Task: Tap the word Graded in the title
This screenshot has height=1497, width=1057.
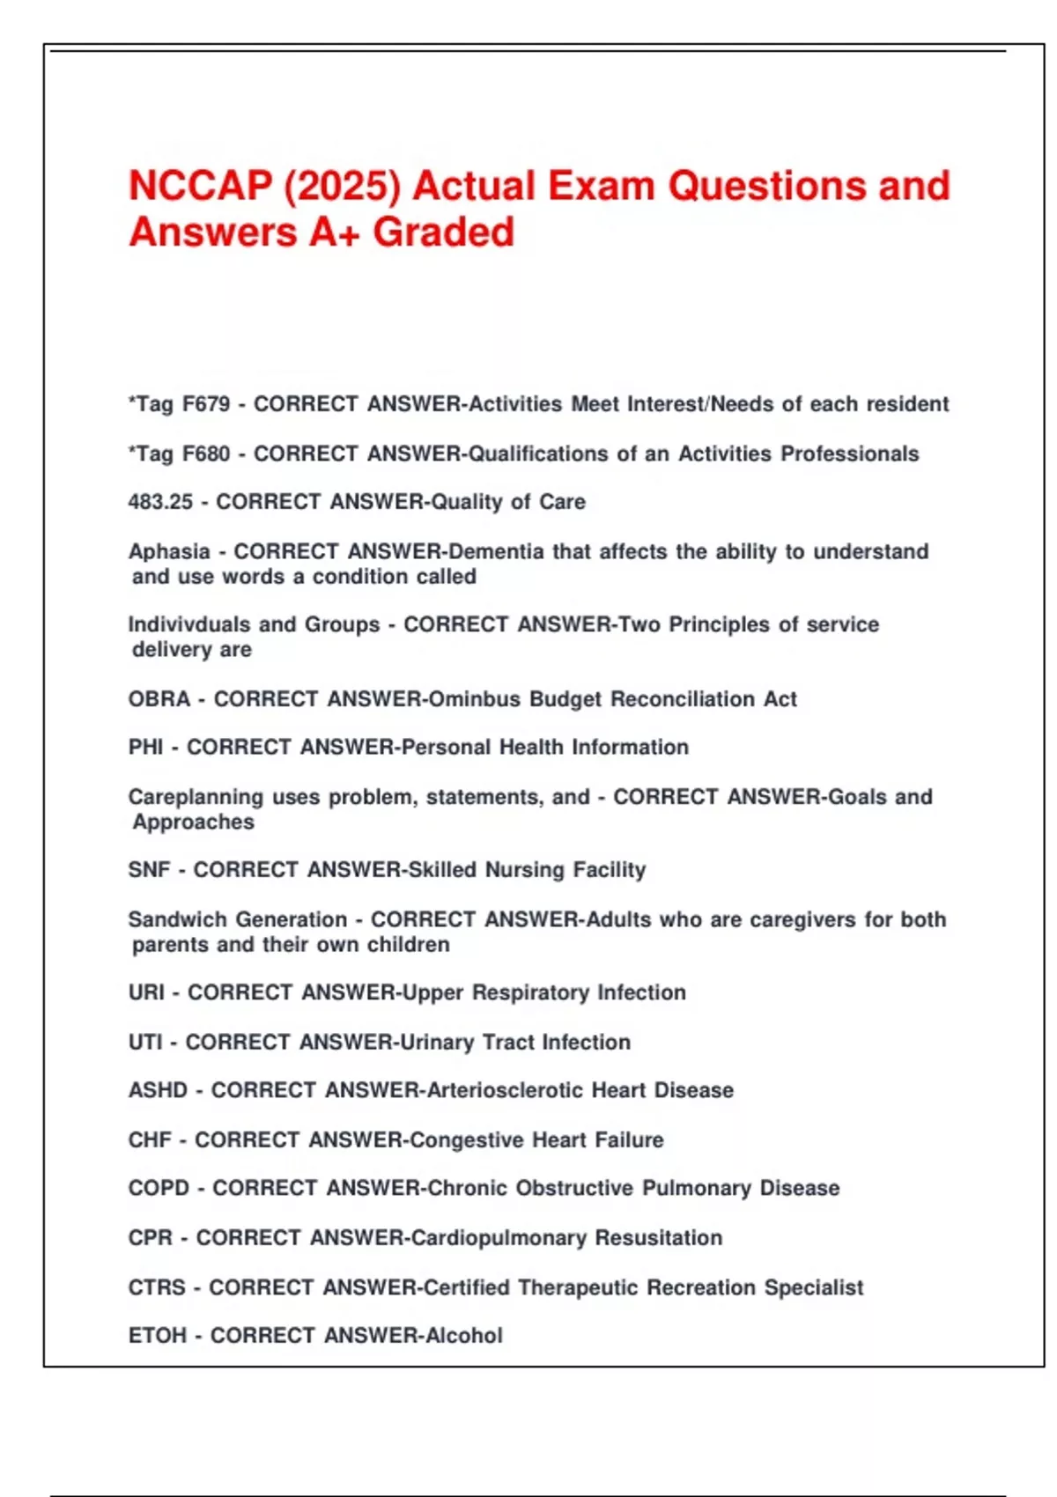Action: (443, 233)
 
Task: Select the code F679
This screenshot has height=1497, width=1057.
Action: (205, 404)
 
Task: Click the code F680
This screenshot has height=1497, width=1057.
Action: (205, 454)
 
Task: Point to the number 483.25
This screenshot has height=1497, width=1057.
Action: (160, 502)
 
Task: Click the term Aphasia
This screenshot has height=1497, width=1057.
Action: (169, 552)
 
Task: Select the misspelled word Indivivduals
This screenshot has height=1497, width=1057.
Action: (189, 624)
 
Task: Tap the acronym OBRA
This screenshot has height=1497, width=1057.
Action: (159, 699)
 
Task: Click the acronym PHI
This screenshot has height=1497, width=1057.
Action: (146, 748)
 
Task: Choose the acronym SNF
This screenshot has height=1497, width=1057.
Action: (149, 870)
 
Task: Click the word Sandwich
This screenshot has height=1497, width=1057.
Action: (176, 919)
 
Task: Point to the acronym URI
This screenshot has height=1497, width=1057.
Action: (146, 992)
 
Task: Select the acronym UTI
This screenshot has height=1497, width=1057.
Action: (145, 1043)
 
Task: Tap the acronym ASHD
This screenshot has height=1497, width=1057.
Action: (158, 1090)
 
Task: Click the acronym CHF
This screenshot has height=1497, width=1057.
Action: (150, 1140)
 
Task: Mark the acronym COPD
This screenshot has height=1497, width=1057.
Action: (159, 1188)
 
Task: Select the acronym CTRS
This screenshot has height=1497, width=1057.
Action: (157, 1287)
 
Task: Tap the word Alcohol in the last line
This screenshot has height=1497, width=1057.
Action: (464, 1336)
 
